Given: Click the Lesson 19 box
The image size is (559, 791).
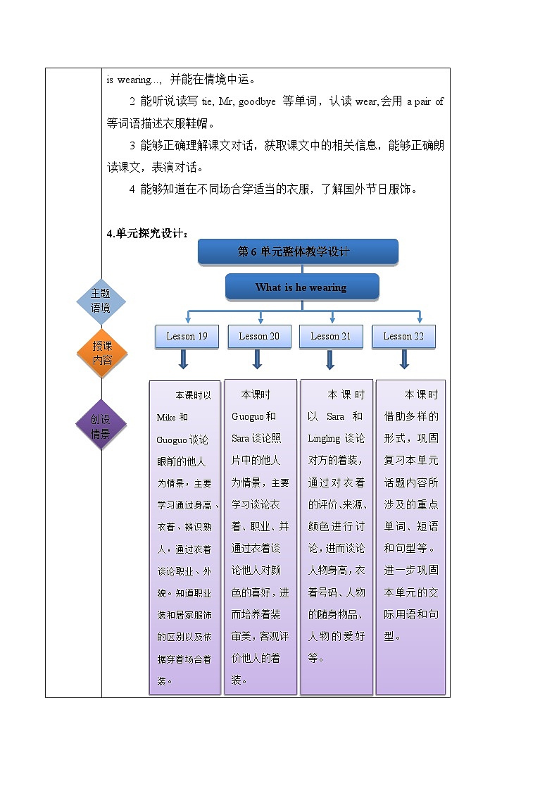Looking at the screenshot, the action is [x=187, y=336].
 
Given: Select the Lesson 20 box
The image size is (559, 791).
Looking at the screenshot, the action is [x=259, y=336].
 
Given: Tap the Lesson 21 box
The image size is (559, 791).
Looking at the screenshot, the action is [x=331, y=336].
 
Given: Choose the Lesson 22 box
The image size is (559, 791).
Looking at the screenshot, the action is [x=403, y=336].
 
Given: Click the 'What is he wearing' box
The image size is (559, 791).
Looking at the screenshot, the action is [x=301, y=287].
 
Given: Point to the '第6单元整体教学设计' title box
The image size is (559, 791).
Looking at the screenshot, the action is [x=298, y=251].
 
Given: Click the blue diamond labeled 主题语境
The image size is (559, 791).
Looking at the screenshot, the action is [x=101, y=301].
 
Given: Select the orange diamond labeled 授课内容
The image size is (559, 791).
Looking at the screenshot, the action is [x=102, y=353].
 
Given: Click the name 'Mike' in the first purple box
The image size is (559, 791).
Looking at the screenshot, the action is [x=166, y=417].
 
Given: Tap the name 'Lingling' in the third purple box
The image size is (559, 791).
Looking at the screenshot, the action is [x=324, y=438].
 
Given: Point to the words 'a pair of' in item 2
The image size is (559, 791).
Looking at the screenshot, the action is [x=425, y=101].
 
